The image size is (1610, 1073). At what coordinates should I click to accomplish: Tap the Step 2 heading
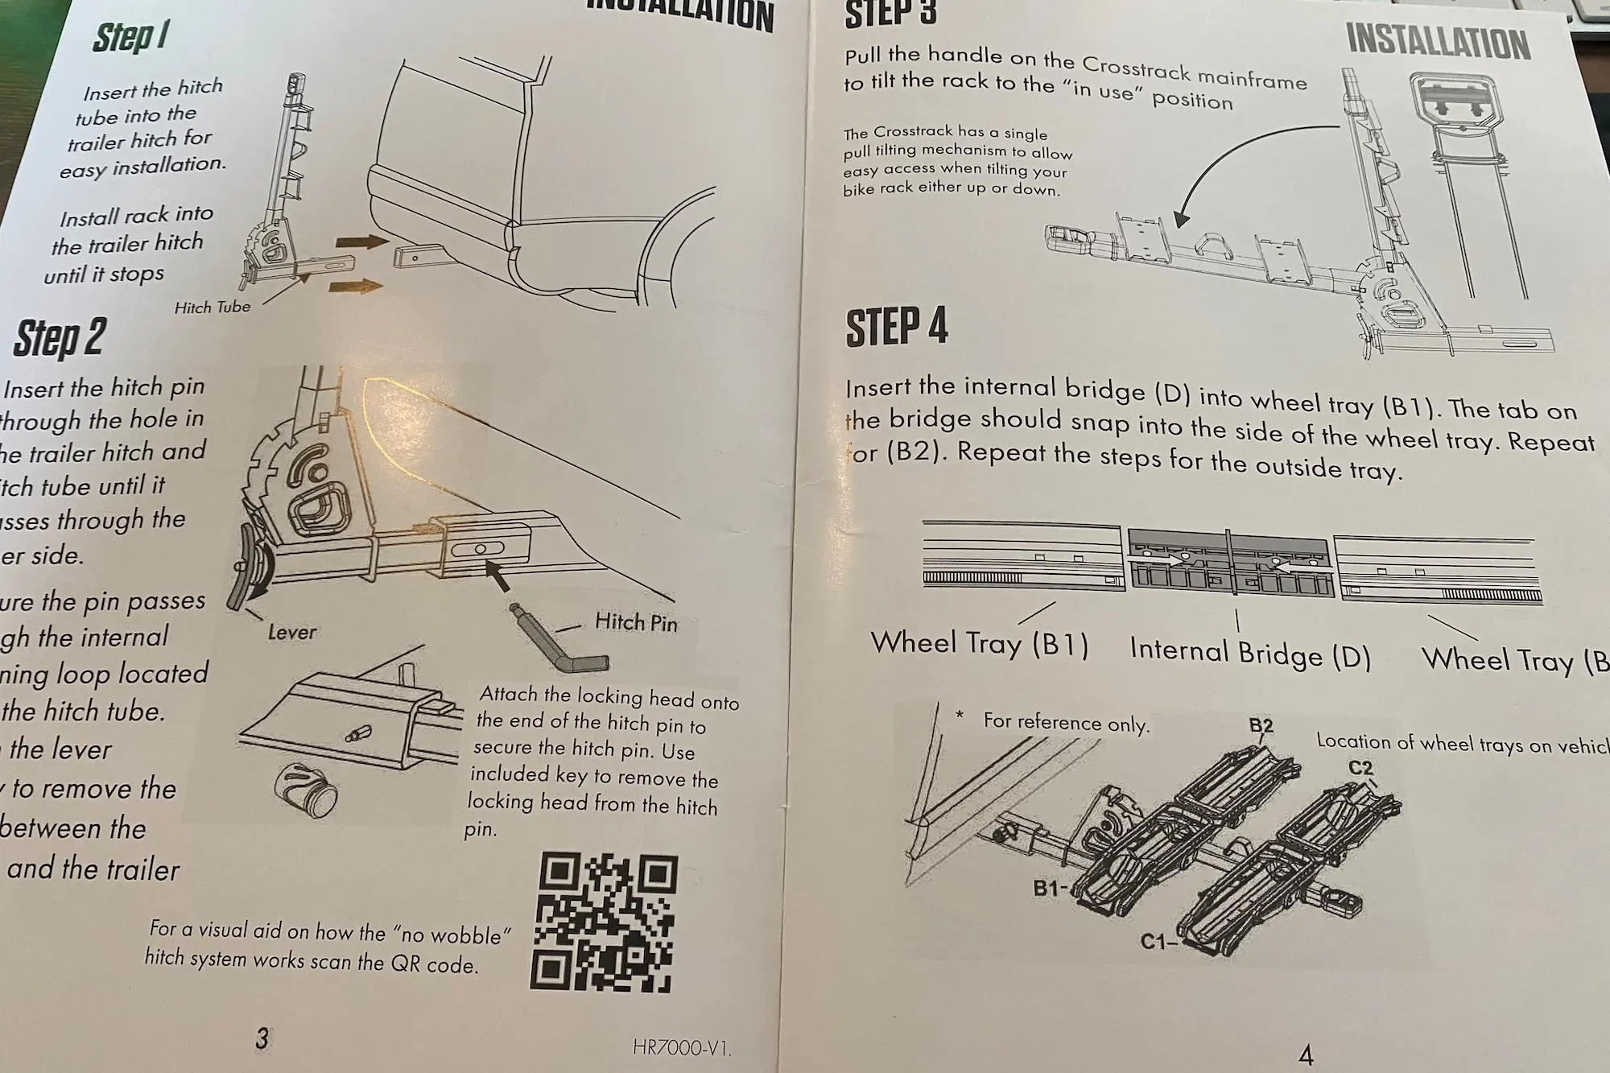[60, 337]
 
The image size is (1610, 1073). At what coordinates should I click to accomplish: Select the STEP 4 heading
[896, 328]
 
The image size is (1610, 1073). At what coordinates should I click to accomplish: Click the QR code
[604, 922]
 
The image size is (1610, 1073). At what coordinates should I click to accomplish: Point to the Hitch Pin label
[635, 622]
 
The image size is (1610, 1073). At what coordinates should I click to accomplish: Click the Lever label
[291, 633]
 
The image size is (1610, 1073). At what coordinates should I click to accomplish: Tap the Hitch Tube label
[213, 307]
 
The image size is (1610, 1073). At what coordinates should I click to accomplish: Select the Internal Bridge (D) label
[1249, 654]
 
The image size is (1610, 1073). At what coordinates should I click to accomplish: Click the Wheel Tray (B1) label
[979, 644]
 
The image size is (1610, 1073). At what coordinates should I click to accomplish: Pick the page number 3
[262, 1038]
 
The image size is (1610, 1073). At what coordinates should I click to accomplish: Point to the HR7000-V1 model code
[681, 1047]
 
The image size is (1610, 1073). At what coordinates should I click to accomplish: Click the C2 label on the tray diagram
[1360, 768]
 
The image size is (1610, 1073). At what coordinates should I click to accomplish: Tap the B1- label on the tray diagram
[1051, 889]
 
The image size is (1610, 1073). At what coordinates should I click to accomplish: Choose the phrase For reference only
[1065, 722]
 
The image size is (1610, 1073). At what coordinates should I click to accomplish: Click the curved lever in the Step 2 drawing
[246, 575]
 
